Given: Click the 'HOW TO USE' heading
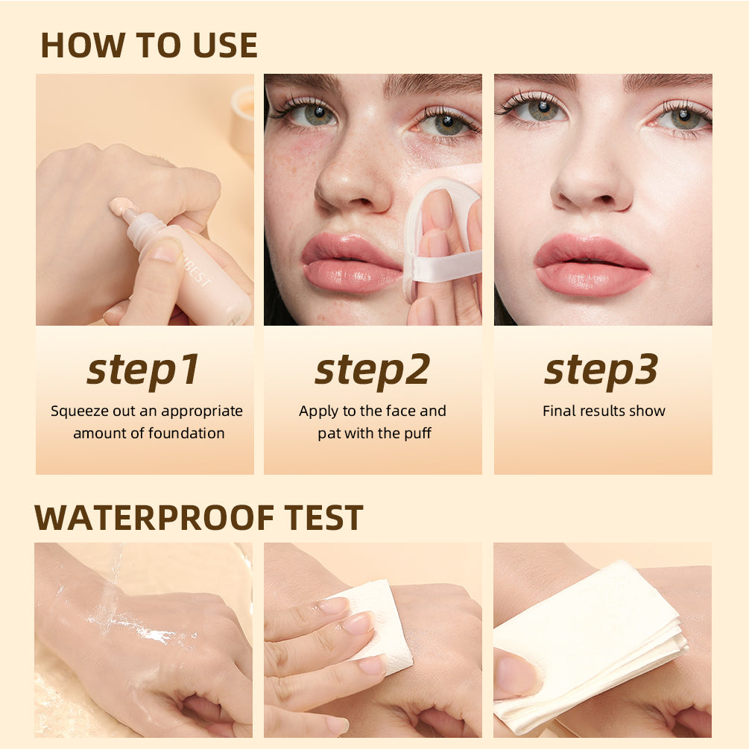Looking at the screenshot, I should coord(149,45).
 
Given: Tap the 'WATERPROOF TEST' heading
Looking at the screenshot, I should coord(199,517).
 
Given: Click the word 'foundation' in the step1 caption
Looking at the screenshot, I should coord(186,433).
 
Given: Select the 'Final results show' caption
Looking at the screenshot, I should coord(604,411).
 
